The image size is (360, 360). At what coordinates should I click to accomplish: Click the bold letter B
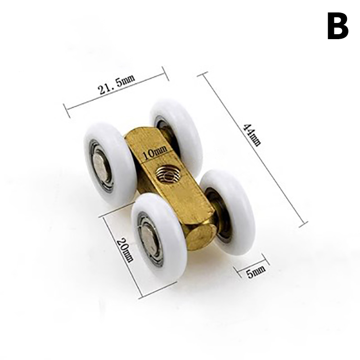click(x=338, y=26)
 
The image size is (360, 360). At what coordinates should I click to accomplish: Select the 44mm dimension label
click(x=252, y=135)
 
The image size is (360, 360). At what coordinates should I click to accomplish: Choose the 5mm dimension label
click(x=256, y=272)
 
